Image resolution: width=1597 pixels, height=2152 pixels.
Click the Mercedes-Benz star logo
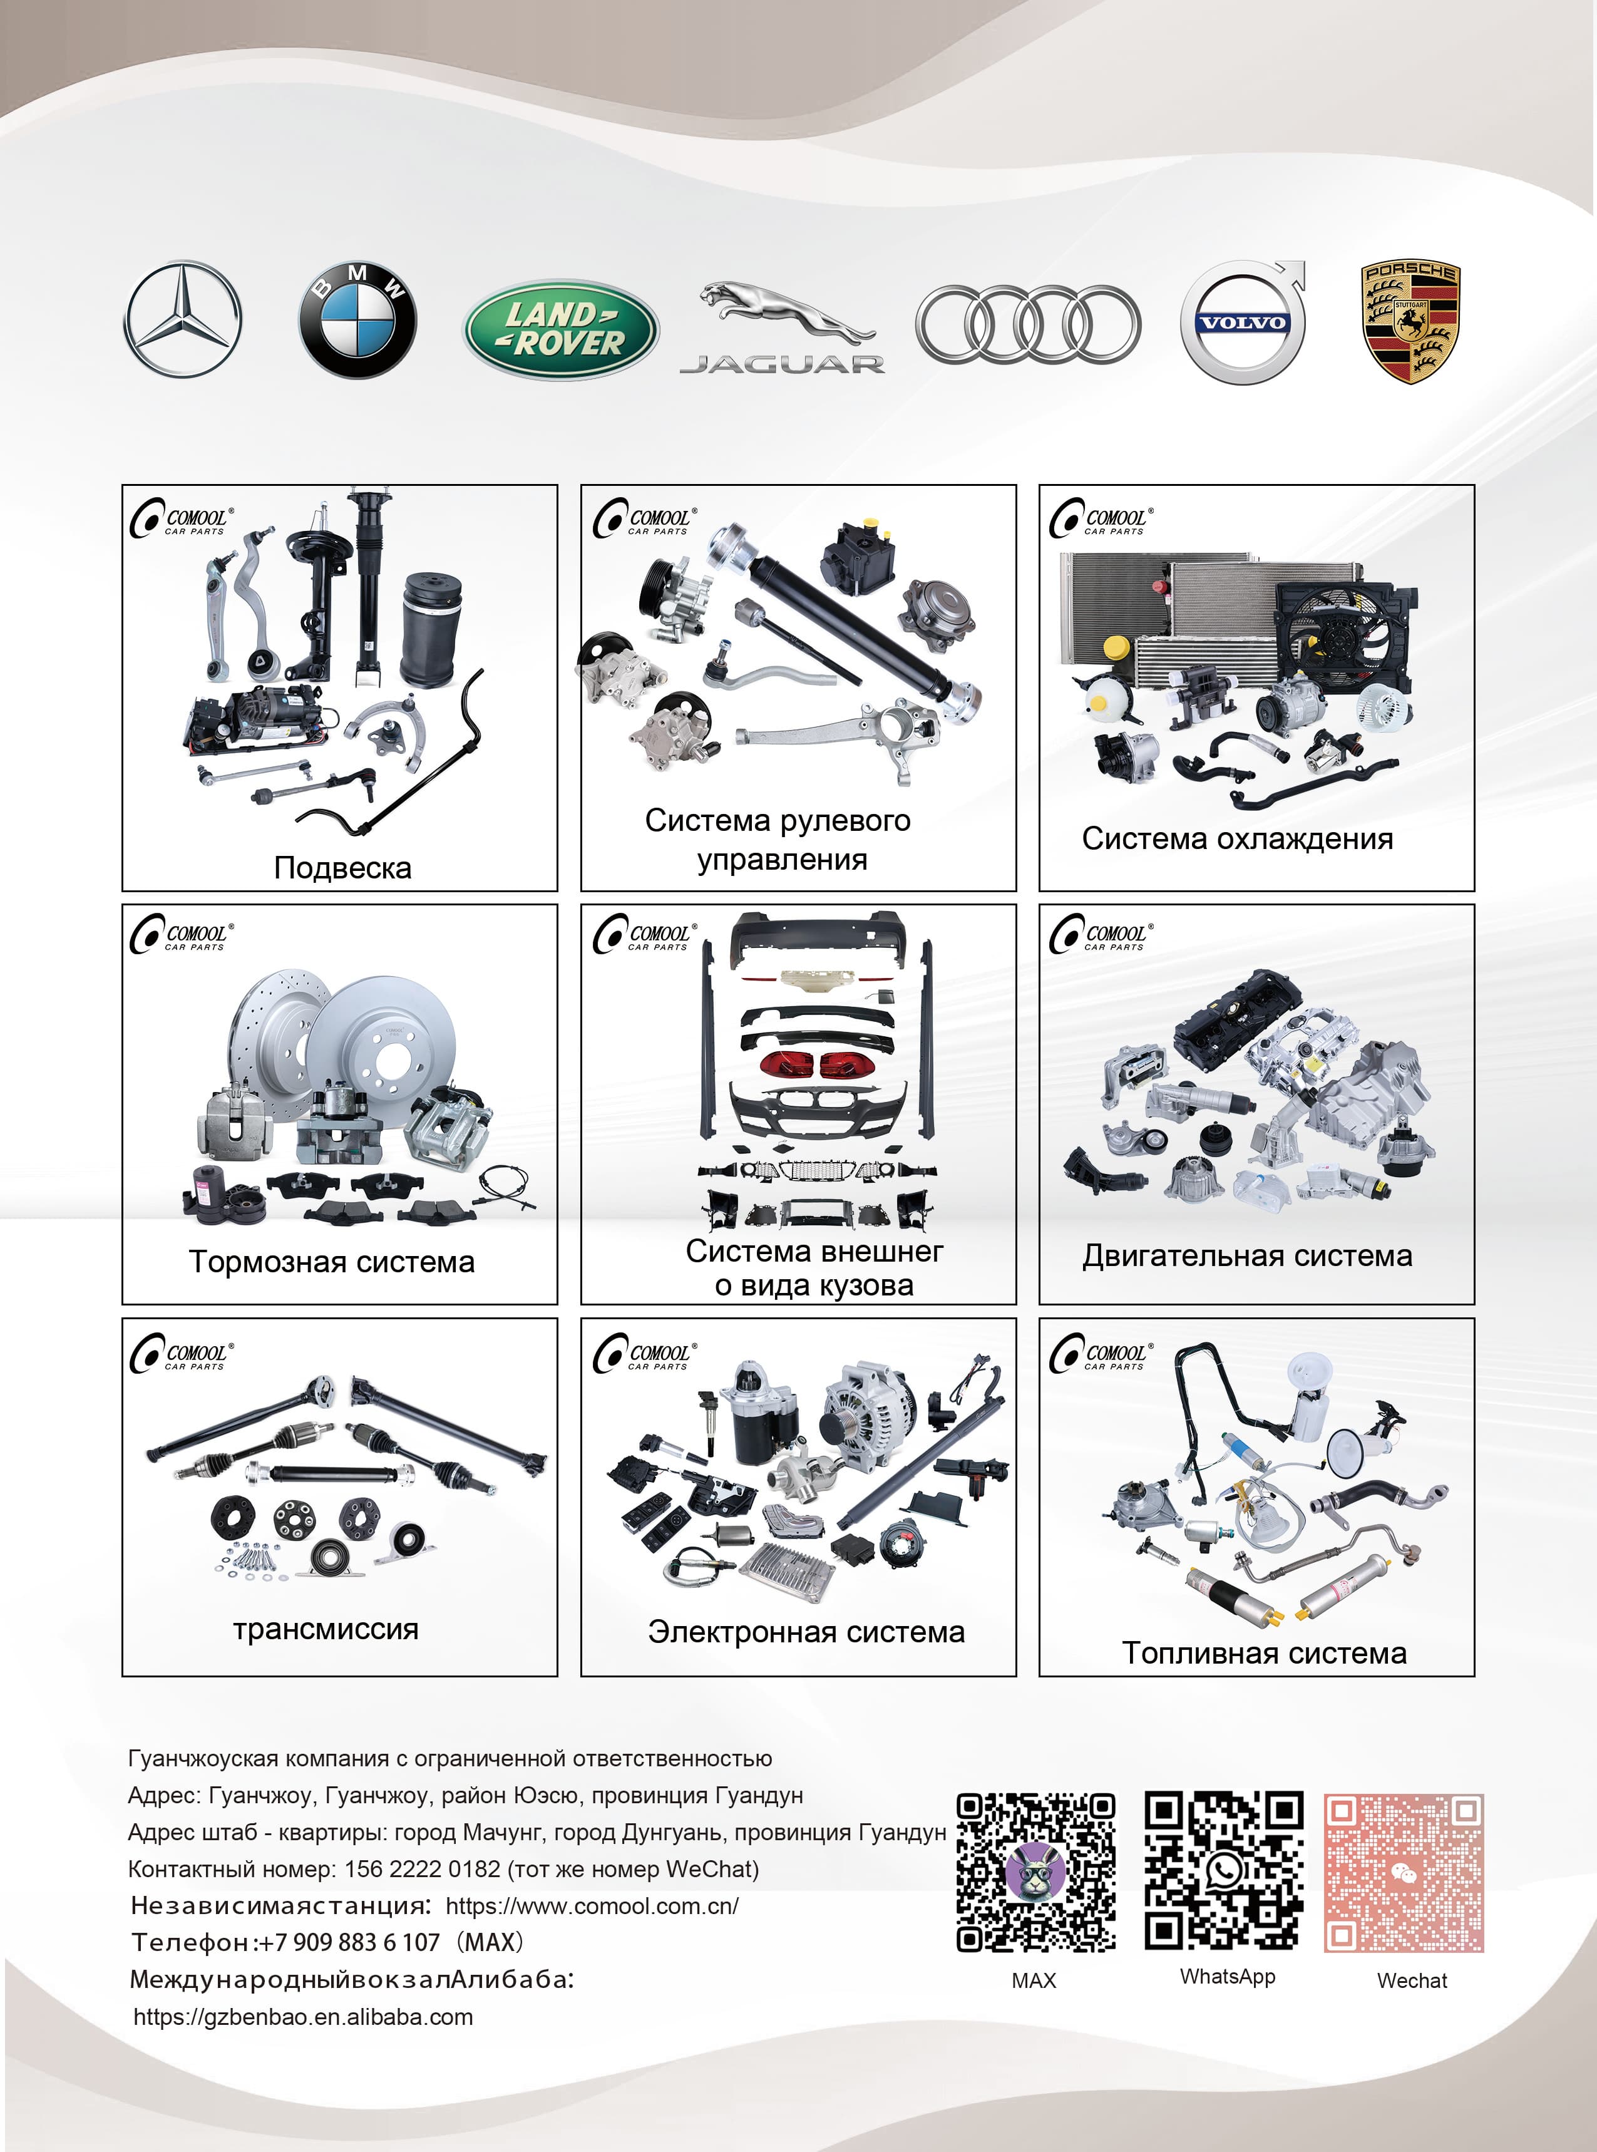pyautogui.click(x=183, y=318)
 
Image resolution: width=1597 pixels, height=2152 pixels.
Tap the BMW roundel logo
pyautogui.click(x=357, y=320)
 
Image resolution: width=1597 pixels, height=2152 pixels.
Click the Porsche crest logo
pyautogui.click(x=1410, y=322)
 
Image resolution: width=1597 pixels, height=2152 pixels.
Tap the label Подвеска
pyautogui.click(x=342, y=867)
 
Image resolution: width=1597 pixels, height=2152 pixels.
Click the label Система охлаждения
pyautogui.click(x=1238, y=838)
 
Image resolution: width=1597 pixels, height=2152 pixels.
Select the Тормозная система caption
pyautogui.click(x=332, y=1262)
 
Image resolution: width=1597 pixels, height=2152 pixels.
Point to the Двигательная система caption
pyautogui.click(x=1247, y=1256)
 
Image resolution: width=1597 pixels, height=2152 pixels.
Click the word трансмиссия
pyautogui.click(x=326, y=1629)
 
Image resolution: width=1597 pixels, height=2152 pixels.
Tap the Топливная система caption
pyautogui.click(x=1263, y=1653)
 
